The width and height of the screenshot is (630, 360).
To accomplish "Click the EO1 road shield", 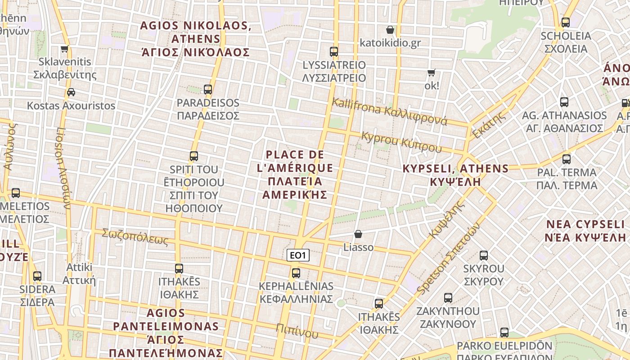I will tap(298, 256).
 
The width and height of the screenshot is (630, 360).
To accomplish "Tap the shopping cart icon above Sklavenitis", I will tap(65, 49).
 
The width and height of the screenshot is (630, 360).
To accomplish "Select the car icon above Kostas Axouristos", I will tap(71, 92).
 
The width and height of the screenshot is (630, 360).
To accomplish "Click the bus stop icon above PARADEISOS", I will tap(207, 89).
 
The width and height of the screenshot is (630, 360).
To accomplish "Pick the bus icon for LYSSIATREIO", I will tap(333, 51).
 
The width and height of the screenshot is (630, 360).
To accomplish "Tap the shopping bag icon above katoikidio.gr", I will tap(390, 30).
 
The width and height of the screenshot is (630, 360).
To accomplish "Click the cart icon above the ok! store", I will tap(431, 72).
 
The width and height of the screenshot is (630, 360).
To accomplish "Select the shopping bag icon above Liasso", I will tap(358, 234).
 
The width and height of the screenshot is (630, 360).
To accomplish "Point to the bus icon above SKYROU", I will tap(484, 256).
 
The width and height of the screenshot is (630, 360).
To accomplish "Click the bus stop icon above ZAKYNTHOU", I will tap(448, 298).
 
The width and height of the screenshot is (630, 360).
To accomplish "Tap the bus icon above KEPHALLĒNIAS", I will tap(296, 273).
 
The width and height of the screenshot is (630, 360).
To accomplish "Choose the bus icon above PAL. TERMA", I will tap(566, 159).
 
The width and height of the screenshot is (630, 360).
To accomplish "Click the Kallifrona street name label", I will tap(389, 111).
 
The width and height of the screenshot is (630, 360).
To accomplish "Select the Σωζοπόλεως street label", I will tap(135, 237).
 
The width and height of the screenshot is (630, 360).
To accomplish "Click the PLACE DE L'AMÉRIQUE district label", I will tap(295, 175).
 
